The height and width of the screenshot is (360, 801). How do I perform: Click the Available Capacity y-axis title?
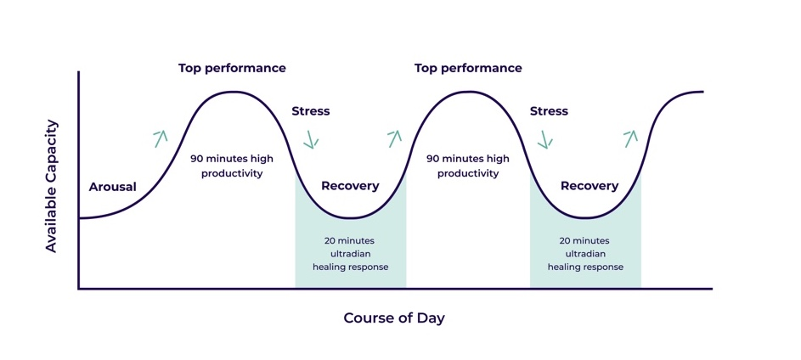click(52, 186)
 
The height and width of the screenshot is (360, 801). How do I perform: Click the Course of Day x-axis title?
click(394, 318)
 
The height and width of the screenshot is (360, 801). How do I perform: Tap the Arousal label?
click(112, 187)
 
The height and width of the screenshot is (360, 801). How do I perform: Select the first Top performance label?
click(232, 69)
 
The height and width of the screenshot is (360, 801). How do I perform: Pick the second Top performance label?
click(468, 69)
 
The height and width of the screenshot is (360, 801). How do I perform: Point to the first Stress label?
click(311, 111)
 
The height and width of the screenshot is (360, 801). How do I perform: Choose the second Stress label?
click(549, 111)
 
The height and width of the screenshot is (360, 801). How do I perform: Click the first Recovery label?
click(350, 186)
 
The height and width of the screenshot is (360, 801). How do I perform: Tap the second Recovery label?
click(589, 186)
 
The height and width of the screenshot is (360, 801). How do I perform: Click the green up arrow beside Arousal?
click(161, 138)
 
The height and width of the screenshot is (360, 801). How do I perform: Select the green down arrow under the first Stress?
click(311, 139)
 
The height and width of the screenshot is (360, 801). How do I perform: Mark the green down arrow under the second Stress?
click(545, 139)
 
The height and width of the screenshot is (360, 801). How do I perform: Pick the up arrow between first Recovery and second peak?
click(394, 138)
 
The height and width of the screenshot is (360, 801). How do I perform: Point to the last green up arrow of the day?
click(631, 138)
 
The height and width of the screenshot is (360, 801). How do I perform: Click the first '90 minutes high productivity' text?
click(232, 166)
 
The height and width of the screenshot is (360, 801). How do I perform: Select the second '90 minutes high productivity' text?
click(468, 166)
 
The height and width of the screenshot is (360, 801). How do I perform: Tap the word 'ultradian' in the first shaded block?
click(351, 254)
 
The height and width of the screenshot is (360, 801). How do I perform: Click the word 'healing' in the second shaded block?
click(563, 267)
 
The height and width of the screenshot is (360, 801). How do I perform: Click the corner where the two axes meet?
click(79, 289)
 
